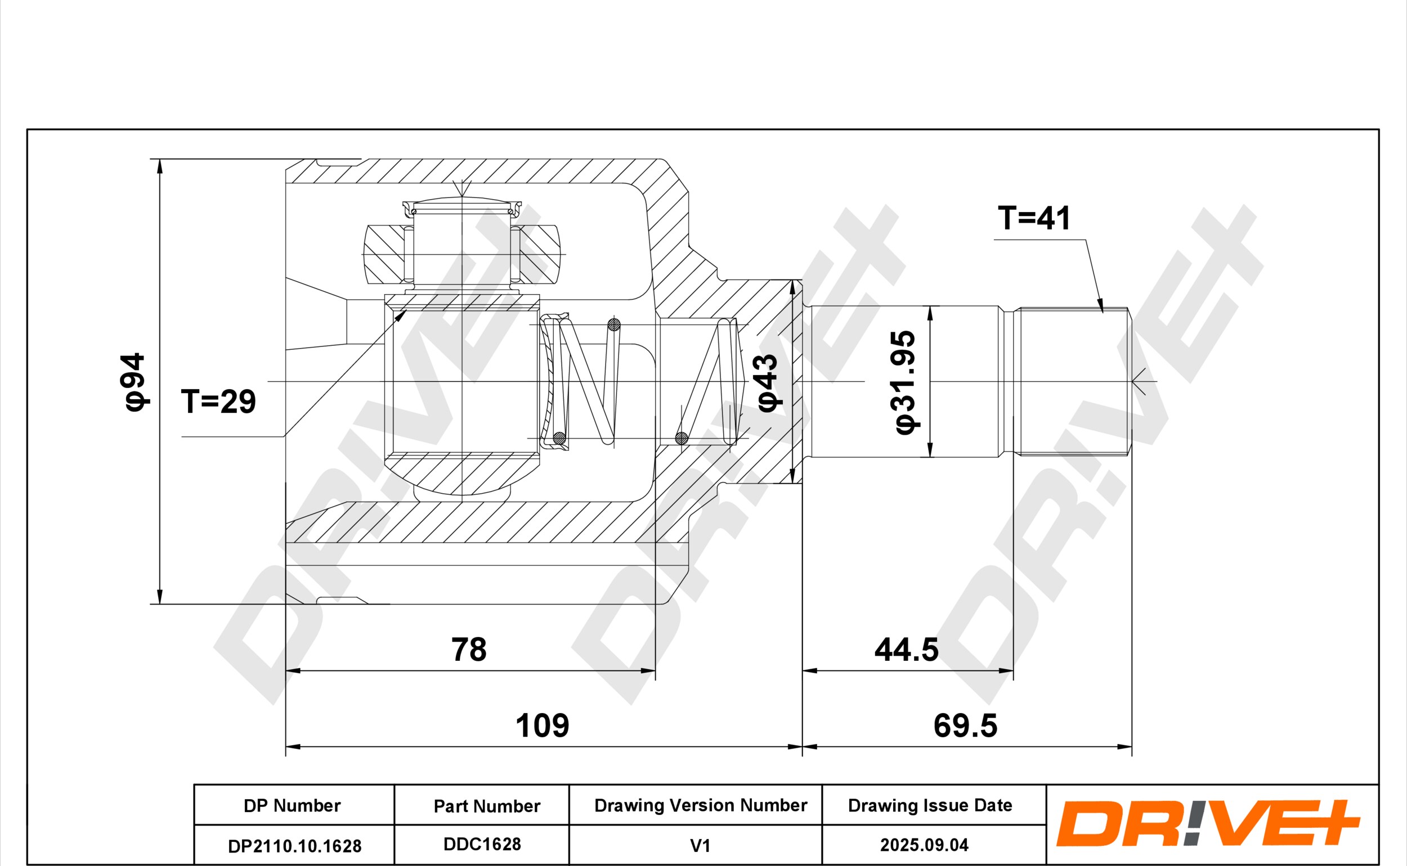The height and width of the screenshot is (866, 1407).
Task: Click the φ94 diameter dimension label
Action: point(135,381)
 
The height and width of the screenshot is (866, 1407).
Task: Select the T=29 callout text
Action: point(218,401)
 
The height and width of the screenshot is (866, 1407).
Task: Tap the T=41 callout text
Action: point(1034,218)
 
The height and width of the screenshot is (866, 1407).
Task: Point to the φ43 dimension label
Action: point(768,382)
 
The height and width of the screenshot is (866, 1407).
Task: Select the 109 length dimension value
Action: point(542,725)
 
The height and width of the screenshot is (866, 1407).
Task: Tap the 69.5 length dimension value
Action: point(966,725)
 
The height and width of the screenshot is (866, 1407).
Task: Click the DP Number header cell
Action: point(292,805)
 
